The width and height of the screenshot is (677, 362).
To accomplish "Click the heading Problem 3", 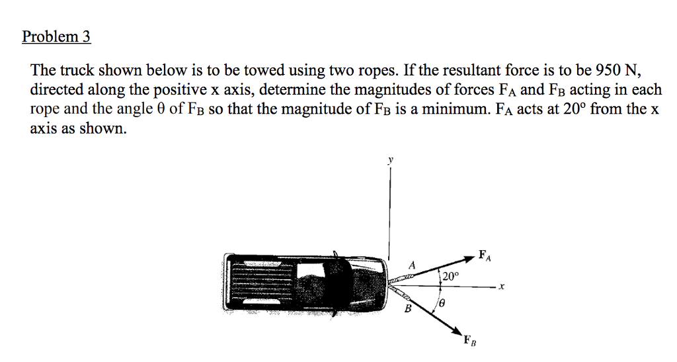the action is [x=56, y=36].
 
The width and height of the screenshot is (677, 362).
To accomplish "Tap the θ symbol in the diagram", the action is [x=441, y=303].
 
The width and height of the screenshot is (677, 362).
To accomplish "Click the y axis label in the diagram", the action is [x=390, y=159].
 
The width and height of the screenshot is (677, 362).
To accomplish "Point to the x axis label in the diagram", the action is [x=502, y=287].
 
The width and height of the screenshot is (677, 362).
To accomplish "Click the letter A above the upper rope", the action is [x=412, y=265].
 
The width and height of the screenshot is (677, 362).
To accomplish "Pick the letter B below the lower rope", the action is [x=408, y=308].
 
